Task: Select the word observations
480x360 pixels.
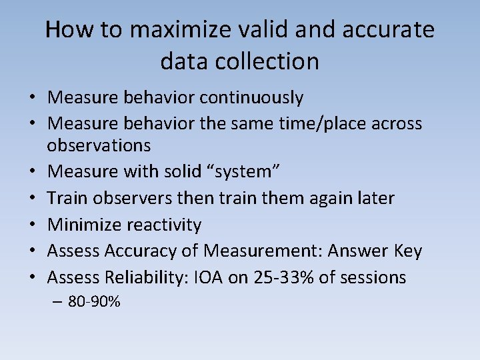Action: pyautogui.click(x=99, y=145)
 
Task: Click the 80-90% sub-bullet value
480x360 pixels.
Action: pyautogui.click(x=94, y=301)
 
